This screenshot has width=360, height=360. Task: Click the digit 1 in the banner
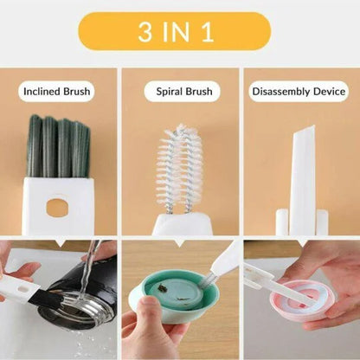(209, 32)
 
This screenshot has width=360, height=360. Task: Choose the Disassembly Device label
(299, 91)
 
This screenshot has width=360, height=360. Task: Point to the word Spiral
(168, 91)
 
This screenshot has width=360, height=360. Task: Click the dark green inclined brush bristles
(58, 147)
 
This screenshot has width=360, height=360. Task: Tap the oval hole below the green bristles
(58, 208)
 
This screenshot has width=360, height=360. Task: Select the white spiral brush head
(180, 169)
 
